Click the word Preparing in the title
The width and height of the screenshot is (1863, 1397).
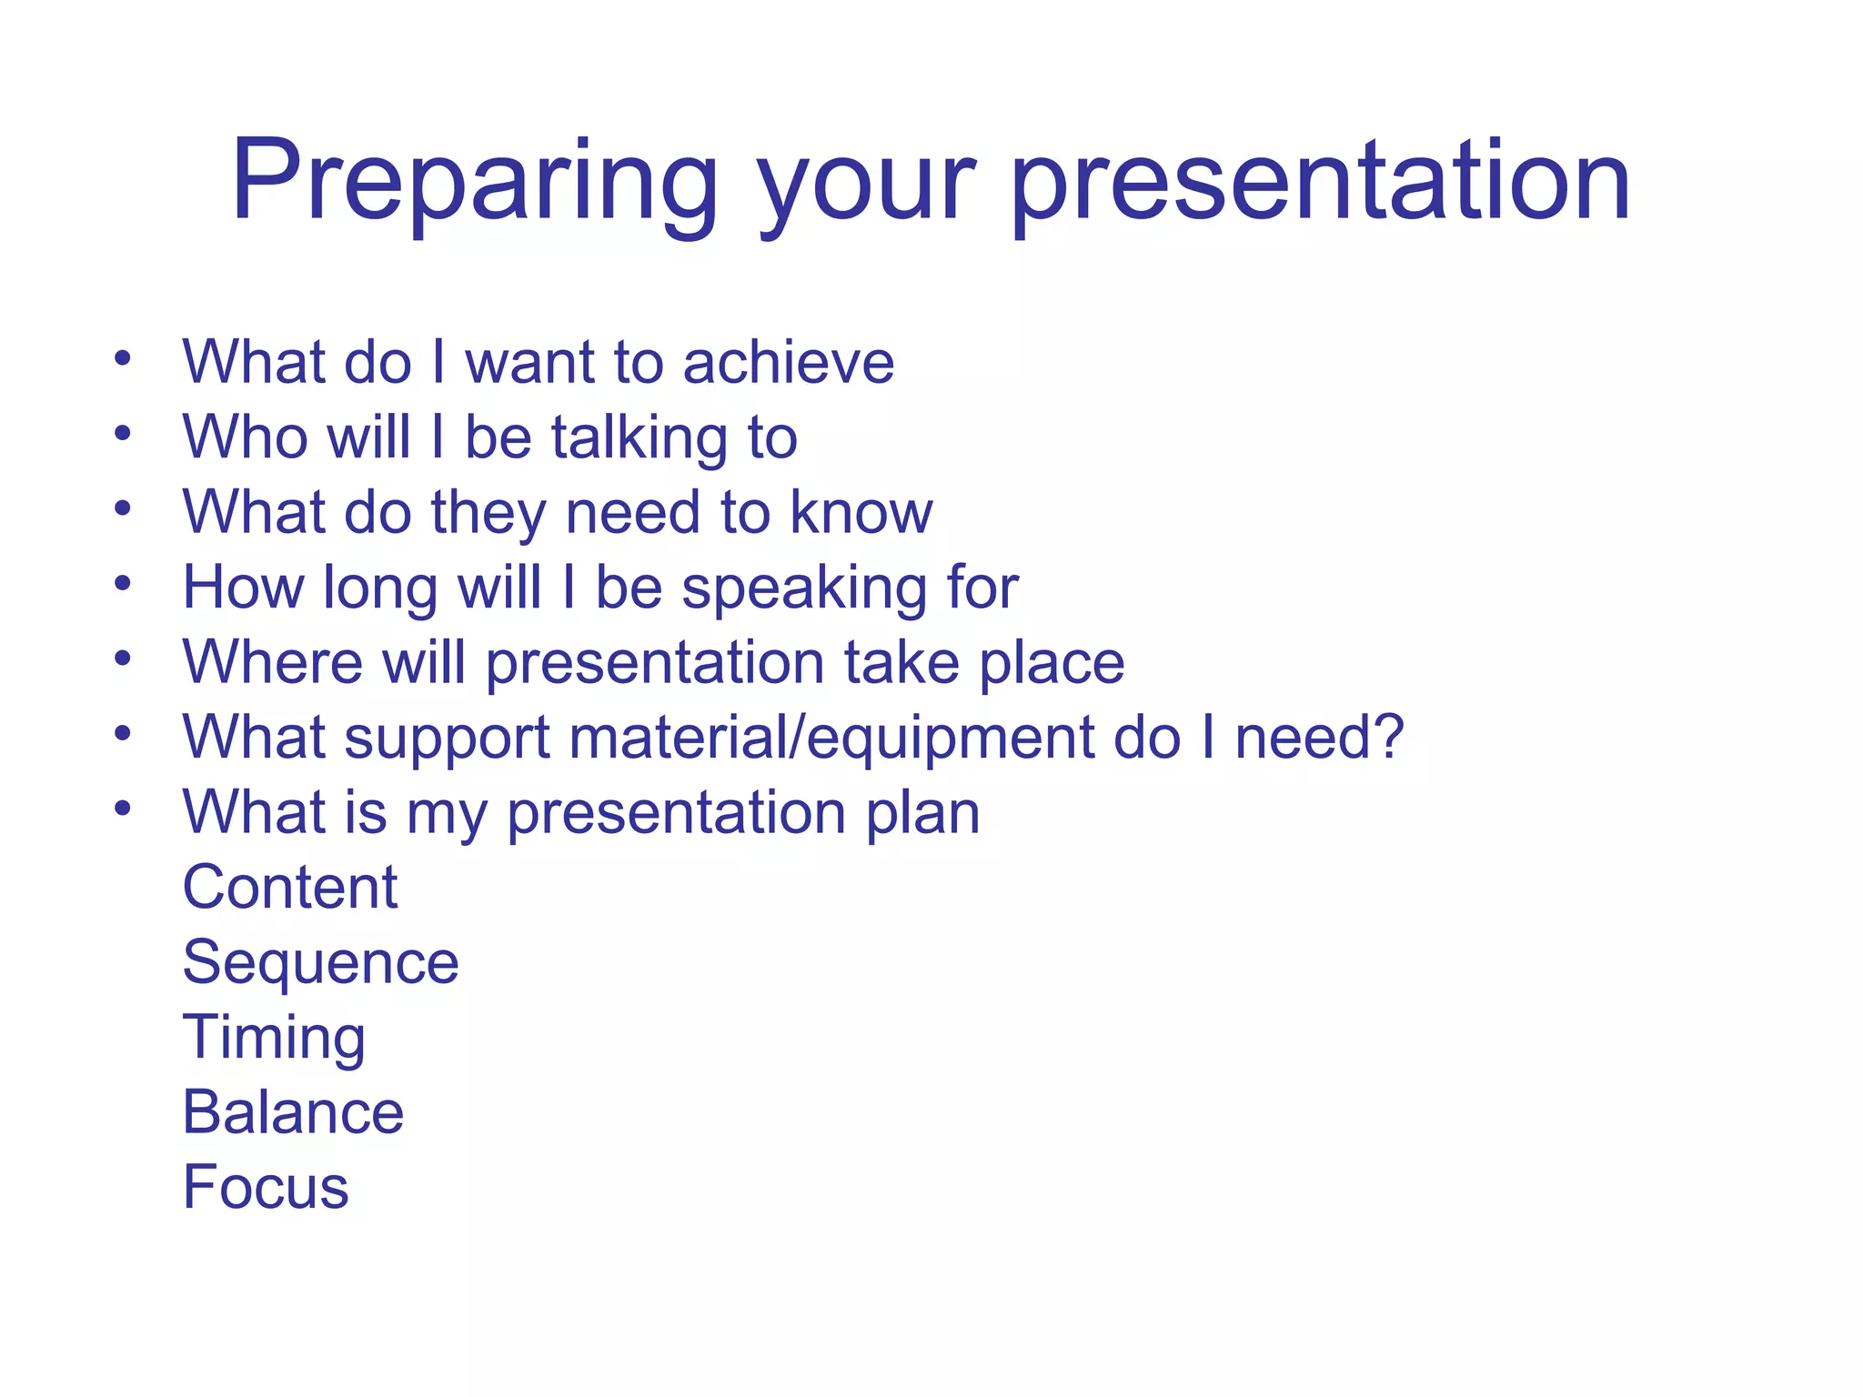click(x=473, y=182)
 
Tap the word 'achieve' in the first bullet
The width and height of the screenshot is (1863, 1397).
click(x=788, y=362)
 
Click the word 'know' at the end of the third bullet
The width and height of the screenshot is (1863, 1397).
click(x=861, y=512)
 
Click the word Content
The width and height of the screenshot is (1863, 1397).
click(x=290, y=887)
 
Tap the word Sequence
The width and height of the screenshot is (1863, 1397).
click(x=320, y=963)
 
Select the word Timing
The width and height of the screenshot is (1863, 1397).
click(x=274, y=1038)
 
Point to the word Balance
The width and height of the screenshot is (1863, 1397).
click(x=293, y=1112)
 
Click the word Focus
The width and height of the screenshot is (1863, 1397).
click(x=266, y=1187)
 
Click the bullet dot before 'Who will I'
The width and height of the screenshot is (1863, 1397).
click(x=123, y=433)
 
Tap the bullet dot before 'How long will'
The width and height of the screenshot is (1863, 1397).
click(x=123, y=583)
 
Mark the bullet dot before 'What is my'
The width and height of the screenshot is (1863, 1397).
click(x=123, y=808)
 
